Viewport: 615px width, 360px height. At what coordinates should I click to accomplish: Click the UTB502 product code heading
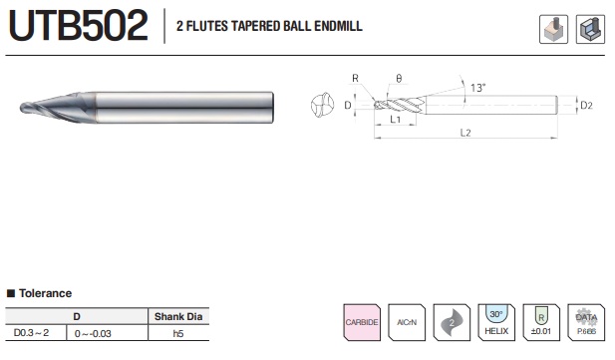tap(79, 26)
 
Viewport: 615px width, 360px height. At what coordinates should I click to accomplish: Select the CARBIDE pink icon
tap(362, 322)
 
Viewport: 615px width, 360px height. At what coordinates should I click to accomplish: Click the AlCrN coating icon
tap(407, 322)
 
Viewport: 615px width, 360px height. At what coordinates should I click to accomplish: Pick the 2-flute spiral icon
tap(452, 322)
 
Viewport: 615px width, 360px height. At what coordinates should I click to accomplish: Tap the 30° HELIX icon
tap(496, 322)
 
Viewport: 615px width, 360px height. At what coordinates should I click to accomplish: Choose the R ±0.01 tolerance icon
tap(541, 322)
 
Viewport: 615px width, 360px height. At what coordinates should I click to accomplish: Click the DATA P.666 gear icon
tap(586, 322)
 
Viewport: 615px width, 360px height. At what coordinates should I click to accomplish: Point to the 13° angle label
tap(478, 88)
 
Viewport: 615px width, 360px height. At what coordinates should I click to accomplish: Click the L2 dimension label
tap(465, 133)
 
